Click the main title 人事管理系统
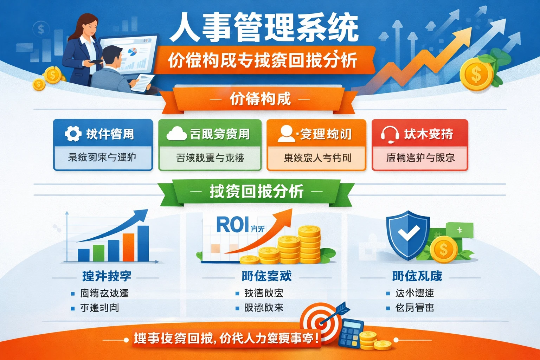[x=264, y=27]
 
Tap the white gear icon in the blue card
[x=73, y=134]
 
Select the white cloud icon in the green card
[x=176, y=134]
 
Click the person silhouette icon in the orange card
[x=286, y=134]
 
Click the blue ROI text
[x=233, y=225]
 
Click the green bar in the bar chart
[x=98, y=253]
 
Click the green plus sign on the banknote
[x=459, y=230]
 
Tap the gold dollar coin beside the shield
[x=444, y=250]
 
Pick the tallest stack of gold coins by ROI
[x=309, y=244]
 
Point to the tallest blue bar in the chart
[x=143, y=243]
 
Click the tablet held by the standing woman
[x=95, y=62]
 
